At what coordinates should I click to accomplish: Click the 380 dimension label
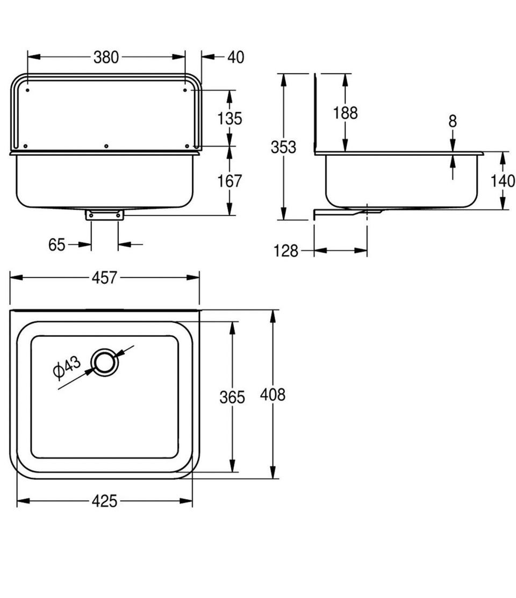click(106, 57)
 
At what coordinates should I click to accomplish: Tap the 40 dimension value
click(235, 57)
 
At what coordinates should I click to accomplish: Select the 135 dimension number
click(230, 118)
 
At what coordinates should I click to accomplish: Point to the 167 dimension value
click(230, 181)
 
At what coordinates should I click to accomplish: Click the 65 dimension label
click(57, 244)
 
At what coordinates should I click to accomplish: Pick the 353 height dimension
click(283, 147)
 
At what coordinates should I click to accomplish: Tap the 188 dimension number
click(346, 113)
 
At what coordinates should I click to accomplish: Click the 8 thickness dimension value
click(453, 121)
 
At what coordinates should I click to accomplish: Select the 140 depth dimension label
click(503, 181)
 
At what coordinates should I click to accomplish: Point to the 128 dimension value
click(286, 251)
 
